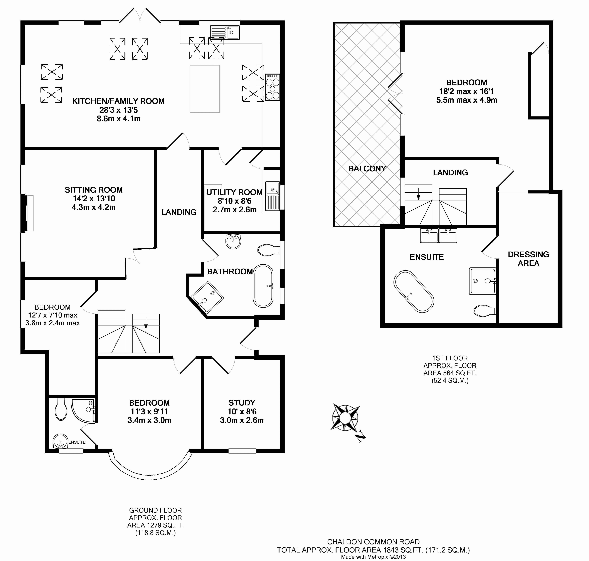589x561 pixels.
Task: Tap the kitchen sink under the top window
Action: (225, 32)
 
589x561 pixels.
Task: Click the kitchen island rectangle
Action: (205, 89)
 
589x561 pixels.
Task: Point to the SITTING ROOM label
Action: (94, 190)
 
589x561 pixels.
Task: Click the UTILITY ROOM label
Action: (234, 192)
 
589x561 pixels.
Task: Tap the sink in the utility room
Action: (273, 196)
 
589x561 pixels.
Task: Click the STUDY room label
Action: (242, 403)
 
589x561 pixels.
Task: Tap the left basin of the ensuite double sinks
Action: (429, 235)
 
